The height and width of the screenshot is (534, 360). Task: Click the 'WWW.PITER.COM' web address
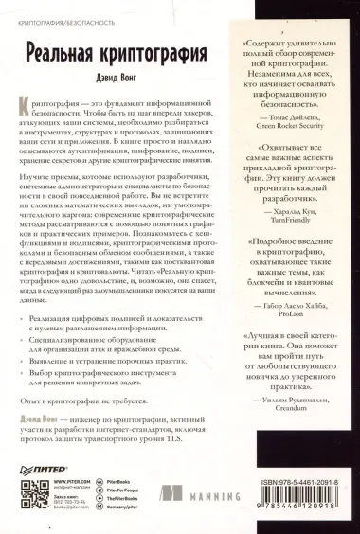click(x=79, y=483)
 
